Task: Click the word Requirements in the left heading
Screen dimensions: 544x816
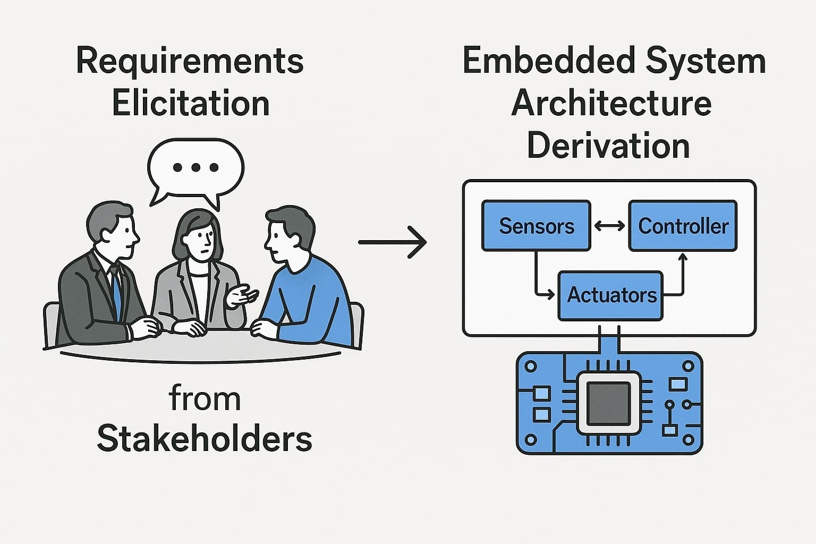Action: click(x=190, y=61)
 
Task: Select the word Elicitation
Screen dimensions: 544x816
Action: click(x=191, y=103)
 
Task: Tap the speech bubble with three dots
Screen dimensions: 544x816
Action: click(x=195, y=167)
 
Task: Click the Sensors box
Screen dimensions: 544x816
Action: click(x=536, y=226)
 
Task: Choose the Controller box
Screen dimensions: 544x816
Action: click(x=683, y=226)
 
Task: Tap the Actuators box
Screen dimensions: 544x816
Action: click(x=610, y=295)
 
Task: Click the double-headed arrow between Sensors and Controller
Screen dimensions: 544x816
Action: click(x=609, y=226)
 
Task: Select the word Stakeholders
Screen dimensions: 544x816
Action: click(x=205, y=439)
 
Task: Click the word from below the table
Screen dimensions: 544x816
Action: click(x=205, y=399)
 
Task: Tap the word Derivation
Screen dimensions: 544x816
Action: click(x=608, y=146)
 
